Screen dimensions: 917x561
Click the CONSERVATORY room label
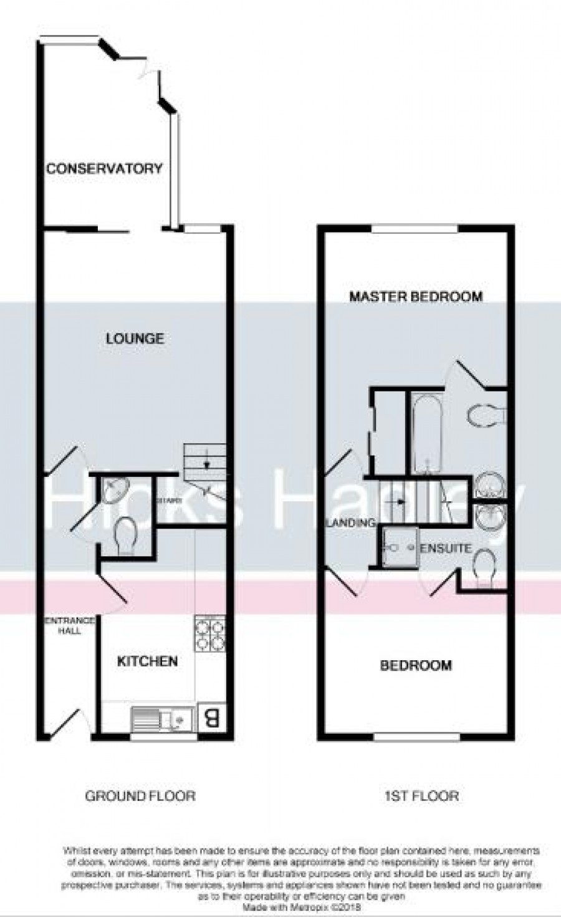(104, 168)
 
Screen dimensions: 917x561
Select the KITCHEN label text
(148, 661)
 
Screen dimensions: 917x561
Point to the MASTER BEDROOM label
(416, 296)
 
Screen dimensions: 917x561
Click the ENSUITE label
(446, 549)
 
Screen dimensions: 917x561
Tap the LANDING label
(352, 523)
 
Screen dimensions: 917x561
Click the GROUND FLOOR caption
(140, 795)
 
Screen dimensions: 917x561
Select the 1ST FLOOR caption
(421, 795)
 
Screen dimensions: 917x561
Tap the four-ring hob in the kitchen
(210, 633)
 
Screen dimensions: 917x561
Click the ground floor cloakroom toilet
(126, 535)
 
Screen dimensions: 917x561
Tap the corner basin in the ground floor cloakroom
(113, 491)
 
